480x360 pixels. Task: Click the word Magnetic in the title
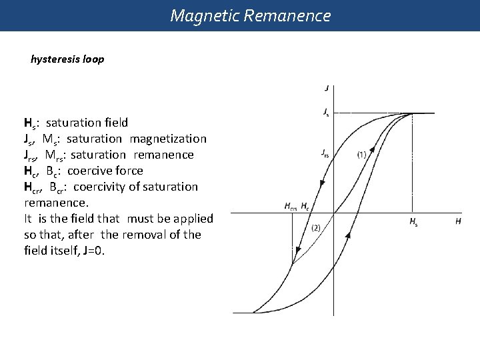click(x=198, y=15)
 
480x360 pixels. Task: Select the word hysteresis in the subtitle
click(x=55, y=59)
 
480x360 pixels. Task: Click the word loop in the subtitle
click(x=93, y=59)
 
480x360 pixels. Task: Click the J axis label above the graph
click(x=327, y=87)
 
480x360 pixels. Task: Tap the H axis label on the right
click(x=458, y=221)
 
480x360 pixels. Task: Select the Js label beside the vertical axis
click(x=325, y=113)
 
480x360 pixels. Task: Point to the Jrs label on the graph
click(x=324, y=155)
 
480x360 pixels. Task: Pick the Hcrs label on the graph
click(x=290, y=206)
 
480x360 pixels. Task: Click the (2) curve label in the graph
click(x=316, y=227)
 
